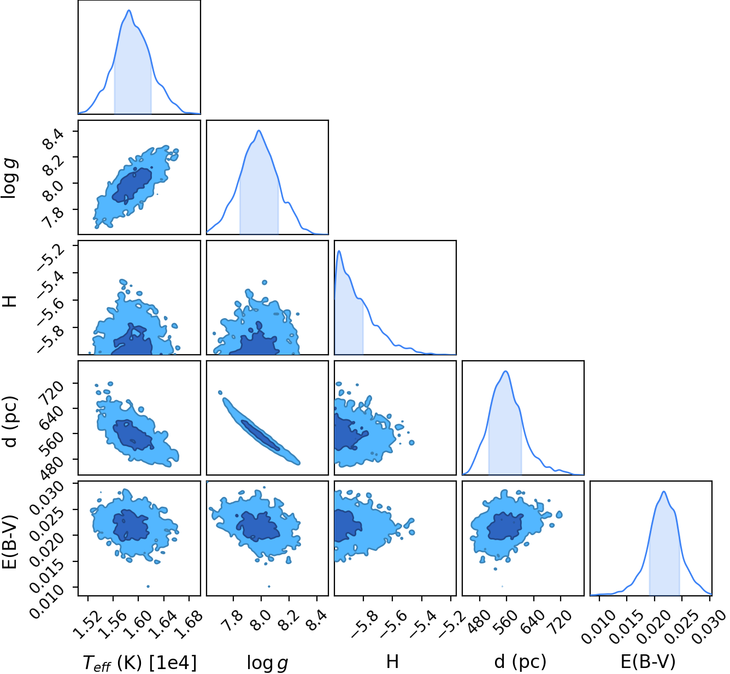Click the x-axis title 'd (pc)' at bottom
(521, 662)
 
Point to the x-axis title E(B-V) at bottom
(648, 662)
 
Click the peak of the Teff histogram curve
(129, 10)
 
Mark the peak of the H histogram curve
(339, 251)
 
